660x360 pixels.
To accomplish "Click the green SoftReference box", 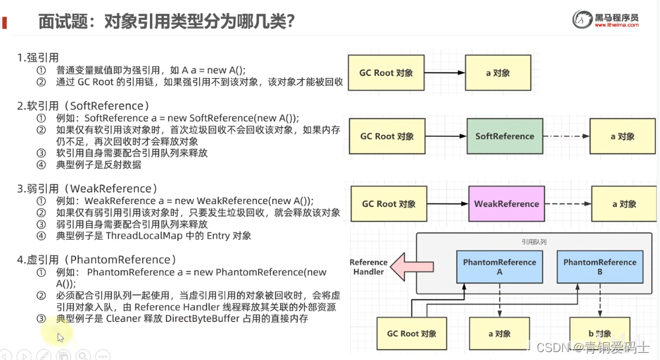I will click(x=505, y=137).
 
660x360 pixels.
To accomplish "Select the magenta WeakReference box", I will click(x=506, y=204).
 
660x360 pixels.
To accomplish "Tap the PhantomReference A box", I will click(x=499, y=267).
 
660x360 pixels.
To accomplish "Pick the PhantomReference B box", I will click(x=599, y=267).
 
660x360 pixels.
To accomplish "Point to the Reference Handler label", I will click(x=368, y=267).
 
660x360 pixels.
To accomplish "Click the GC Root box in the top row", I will click(x=386, y=73).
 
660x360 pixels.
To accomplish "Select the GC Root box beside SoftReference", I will click(x=386, y=137).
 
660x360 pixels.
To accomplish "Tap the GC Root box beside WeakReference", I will click(x=388, y=204).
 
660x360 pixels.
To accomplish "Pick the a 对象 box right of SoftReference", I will click(x=622, y=137).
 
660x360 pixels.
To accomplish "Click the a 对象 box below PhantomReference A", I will click(x=499, y=334).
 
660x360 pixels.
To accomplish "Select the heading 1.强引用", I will click(x=38, y=57).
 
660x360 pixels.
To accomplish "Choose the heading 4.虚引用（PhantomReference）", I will click(x=96, y=260).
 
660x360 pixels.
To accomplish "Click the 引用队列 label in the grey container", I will click(x=534, y=242).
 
